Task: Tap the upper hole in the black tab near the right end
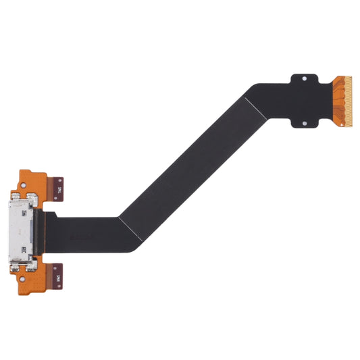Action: (x=304, y=78)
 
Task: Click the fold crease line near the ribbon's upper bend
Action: (x=251, y=102)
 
